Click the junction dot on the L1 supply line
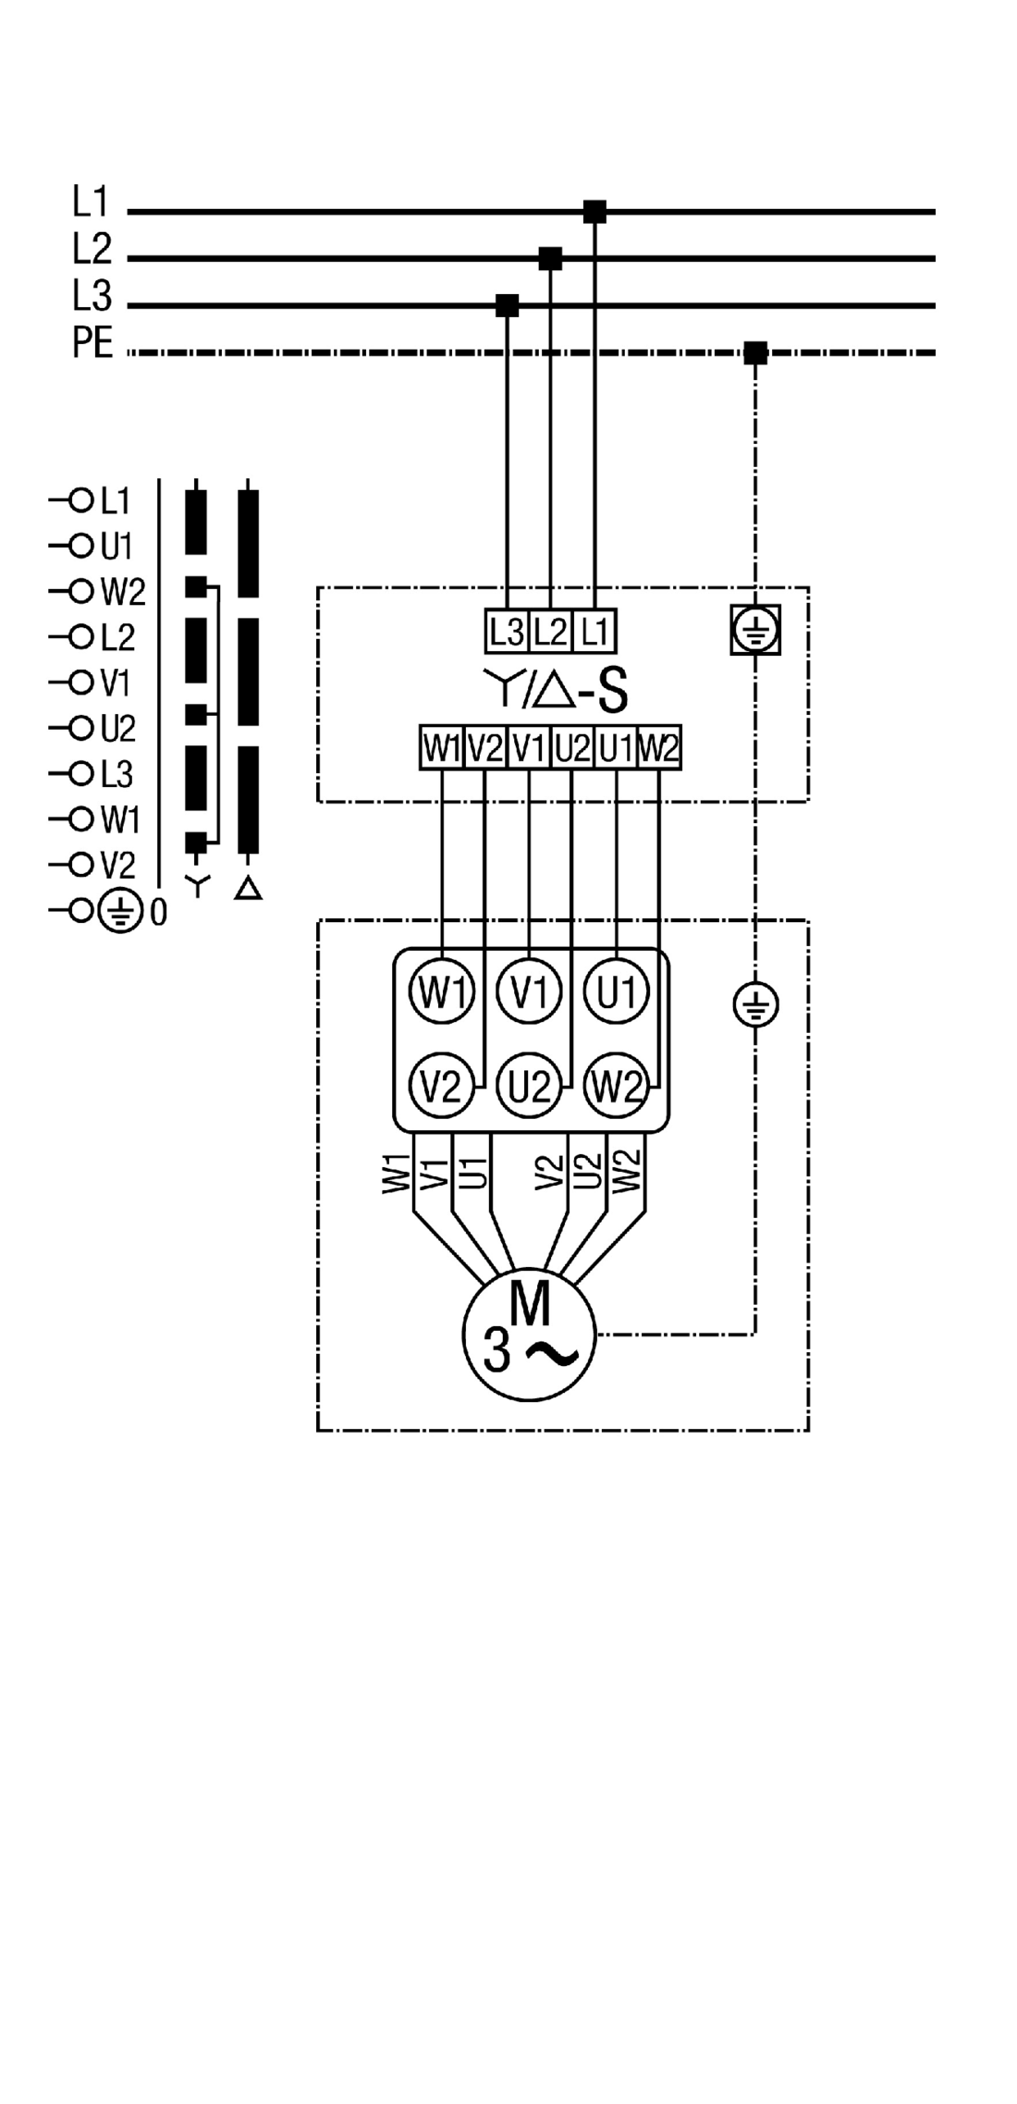(594, 212)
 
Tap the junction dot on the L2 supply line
(550, 259)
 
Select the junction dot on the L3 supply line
(507, 305)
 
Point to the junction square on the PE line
(755, 352)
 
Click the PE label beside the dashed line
(92, 344)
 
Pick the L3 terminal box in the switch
(507, 633)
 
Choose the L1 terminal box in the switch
(594, 633)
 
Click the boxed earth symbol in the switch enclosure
(755, 630)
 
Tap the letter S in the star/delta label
(612, 692)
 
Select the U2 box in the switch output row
(572, 747)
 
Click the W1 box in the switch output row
(442, 747)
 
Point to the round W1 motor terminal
(442, 993)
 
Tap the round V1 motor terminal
(529, 993)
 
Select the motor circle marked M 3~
(529, 1334)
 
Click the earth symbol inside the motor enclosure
(755, 1005)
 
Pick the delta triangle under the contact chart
(248, 889)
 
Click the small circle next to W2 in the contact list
(81, 592)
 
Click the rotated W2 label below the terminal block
(627, 1171)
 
